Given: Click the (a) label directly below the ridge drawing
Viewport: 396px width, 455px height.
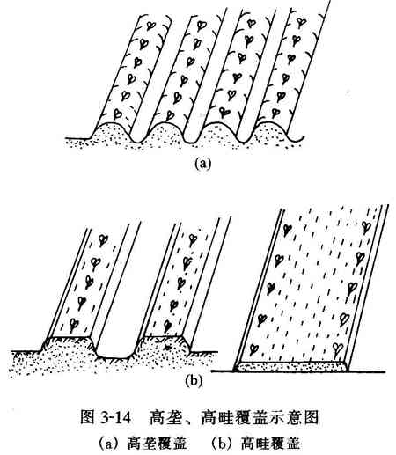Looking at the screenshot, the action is coord(202,163).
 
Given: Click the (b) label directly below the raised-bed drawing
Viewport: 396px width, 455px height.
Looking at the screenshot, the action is coord(194,380).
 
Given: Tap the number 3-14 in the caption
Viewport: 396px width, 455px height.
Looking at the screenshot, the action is coord(115,417).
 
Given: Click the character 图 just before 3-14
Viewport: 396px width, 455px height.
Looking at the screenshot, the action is coord(88,417).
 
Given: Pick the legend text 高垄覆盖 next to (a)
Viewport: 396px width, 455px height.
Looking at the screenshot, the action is coord(158,443).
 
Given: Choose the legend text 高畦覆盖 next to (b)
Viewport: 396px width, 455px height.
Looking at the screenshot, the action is coord(270,443).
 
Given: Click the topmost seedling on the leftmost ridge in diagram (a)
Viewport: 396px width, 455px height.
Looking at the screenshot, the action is coord(151,26).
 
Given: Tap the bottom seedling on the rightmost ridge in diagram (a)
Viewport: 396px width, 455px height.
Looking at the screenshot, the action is coord(275,113).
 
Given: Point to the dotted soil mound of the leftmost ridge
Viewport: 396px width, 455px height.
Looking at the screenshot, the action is coord(111,131).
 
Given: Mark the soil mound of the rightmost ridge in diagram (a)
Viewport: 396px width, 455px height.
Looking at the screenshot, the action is coord(270,129).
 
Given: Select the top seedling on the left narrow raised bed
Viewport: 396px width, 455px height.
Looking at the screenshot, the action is coord(102,240).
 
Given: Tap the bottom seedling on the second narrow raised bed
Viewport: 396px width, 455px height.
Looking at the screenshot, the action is coord(167,326).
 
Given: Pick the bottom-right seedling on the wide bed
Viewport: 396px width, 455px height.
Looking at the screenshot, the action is coord(338,349).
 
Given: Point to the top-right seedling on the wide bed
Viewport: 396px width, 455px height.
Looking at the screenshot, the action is coord(365,227).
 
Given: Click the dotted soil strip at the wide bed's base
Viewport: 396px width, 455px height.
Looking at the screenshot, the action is coord(290,366).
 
